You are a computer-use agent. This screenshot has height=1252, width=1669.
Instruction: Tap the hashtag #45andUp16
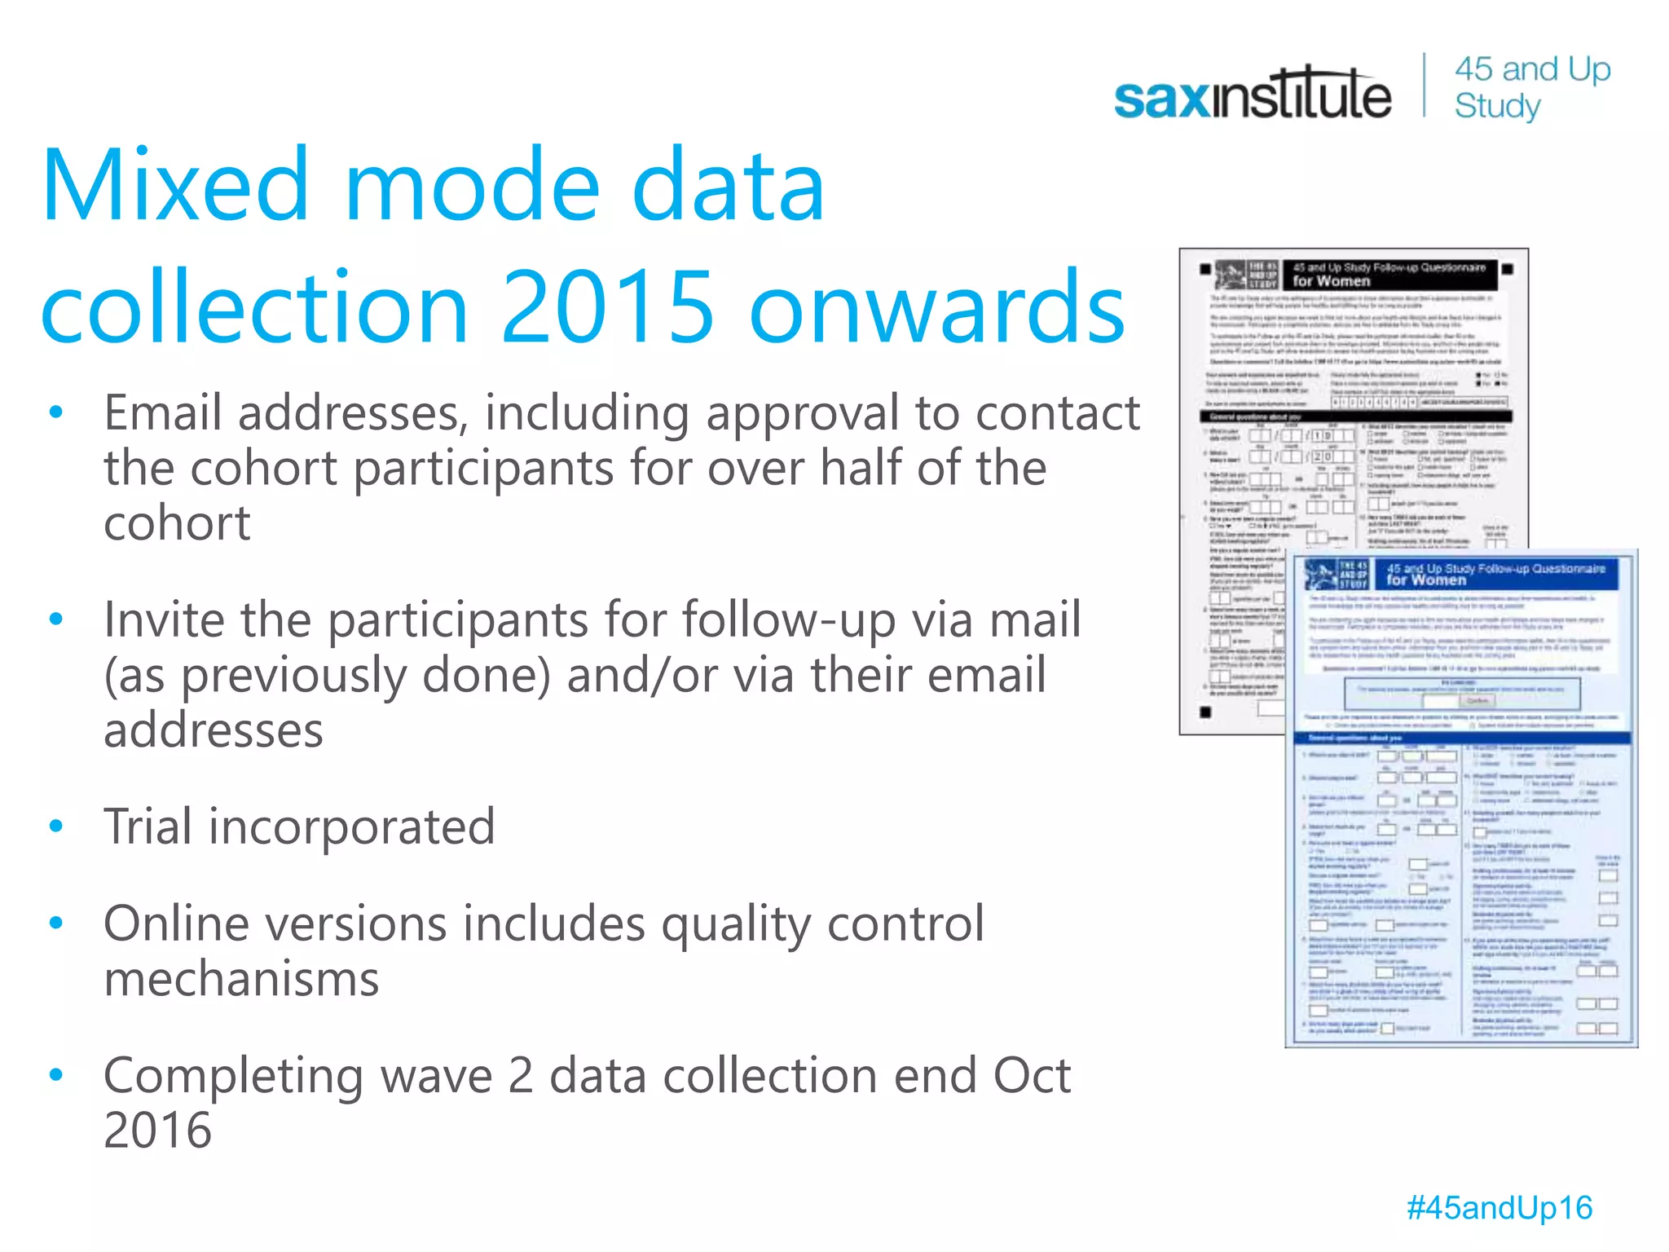tap(1499, 1207)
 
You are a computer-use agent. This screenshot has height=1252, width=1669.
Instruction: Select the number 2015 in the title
tap(607, 308)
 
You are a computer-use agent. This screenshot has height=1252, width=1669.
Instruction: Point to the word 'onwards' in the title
tap(936, 308)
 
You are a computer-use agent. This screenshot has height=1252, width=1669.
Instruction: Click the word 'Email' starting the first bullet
tap(162, 413)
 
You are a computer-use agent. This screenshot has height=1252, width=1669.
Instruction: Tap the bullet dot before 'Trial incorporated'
tap(55, 827)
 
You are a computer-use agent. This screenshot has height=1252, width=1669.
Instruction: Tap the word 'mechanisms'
tap(241, 978)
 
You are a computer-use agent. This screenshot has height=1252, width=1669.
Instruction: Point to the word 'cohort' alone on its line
tap(177, 522)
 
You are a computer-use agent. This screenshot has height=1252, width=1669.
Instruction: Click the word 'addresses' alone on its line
tap(214, 730)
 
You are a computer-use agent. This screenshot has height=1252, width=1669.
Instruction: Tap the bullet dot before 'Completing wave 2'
tap(55, 1075)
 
